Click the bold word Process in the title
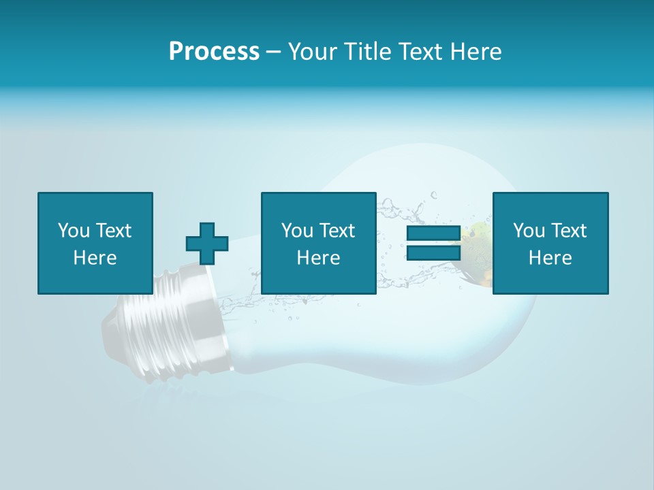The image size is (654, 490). (214, 52)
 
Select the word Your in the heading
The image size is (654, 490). (313, 52)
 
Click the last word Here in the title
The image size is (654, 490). (475, 52)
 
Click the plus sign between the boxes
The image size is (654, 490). (207, 244)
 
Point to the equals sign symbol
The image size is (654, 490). (433, 243)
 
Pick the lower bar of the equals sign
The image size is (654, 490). (433, 252)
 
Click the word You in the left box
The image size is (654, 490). (74, 231)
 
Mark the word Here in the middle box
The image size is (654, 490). (318, 258)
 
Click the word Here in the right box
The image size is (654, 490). (550, 258)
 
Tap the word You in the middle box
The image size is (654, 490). (297, 231)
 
